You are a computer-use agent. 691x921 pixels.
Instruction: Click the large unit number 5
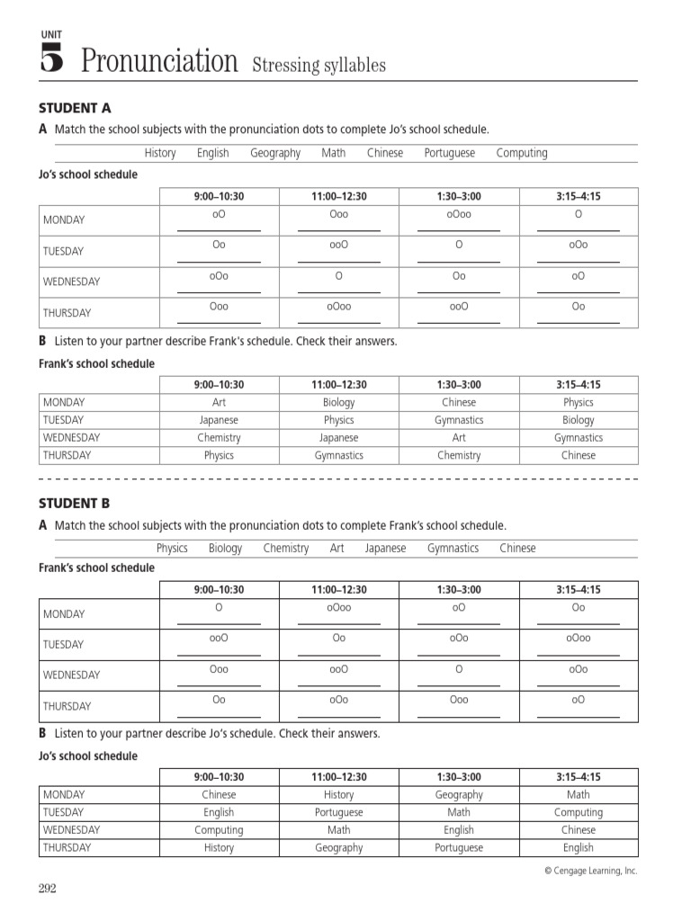[51, 60]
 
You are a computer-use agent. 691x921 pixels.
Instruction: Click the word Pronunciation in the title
[159, 61]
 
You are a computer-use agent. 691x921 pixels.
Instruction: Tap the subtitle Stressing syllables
[319, 65]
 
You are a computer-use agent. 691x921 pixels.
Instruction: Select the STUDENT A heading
[75, 108]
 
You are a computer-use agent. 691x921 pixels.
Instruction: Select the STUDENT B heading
[75, 503]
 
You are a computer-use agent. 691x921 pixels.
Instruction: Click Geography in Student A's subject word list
[275, 153]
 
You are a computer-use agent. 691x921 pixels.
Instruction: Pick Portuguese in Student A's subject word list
[450, 153]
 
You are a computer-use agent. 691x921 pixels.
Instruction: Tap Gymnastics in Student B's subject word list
[453, 548]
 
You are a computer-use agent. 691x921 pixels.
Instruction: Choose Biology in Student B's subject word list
[225, 548]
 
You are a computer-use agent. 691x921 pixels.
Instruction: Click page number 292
[47, 889]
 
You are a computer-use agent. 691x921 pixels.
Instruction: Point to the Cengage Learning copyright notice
[590, 871]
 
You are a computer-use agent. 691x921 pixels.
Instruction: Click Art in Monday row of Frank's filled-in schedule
[219, 403]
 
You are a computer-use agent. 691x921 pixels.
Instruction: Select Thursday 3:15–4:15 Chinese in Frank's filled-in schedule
[579, 455]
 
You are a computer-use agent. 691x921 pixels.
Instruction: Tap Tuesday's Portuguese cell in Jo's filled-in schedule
[338, 812]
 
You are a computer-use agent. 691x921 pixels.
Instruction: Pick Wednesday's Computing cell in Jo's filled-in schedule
[219, 830]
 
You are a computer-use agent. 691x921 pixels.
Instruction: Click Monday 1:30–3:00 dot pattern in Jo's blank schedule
[459, 214]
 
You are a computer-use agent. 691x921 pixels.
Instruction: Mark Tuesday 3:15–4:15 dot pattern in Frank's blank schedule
[579, 638]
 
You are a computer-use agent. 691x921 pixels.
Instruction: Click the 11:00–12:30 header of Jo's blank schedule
[338, 196]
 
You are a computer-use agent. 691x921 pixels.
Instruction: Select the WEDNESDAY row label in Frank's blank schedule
[71, 675]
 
